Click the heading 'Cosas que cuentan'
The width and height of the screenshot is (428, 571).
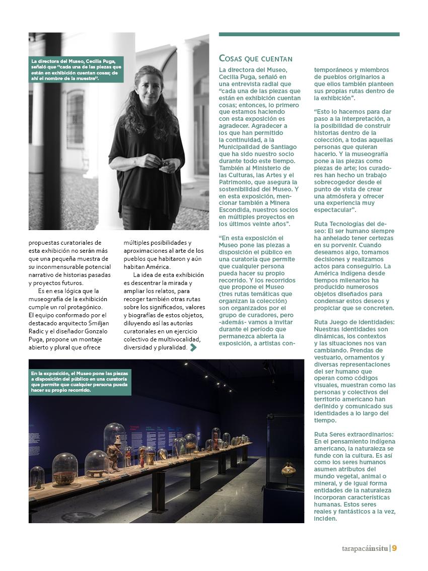coord(256,59)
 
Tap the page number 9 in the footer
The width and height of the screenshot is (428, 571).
coord(395,548)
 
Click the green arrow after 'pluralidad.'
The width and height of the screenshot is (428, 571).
coord(193,347)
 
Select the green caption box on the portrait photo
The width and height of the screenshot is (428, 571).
coord(76,69)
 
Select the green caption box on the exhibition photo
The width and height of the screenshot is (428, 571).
coord(80,382)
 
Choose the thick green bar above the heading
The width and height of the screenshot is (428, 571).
coord(309,34)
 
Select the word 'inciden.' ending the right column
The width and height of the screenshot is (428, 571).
coord(326,519)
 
